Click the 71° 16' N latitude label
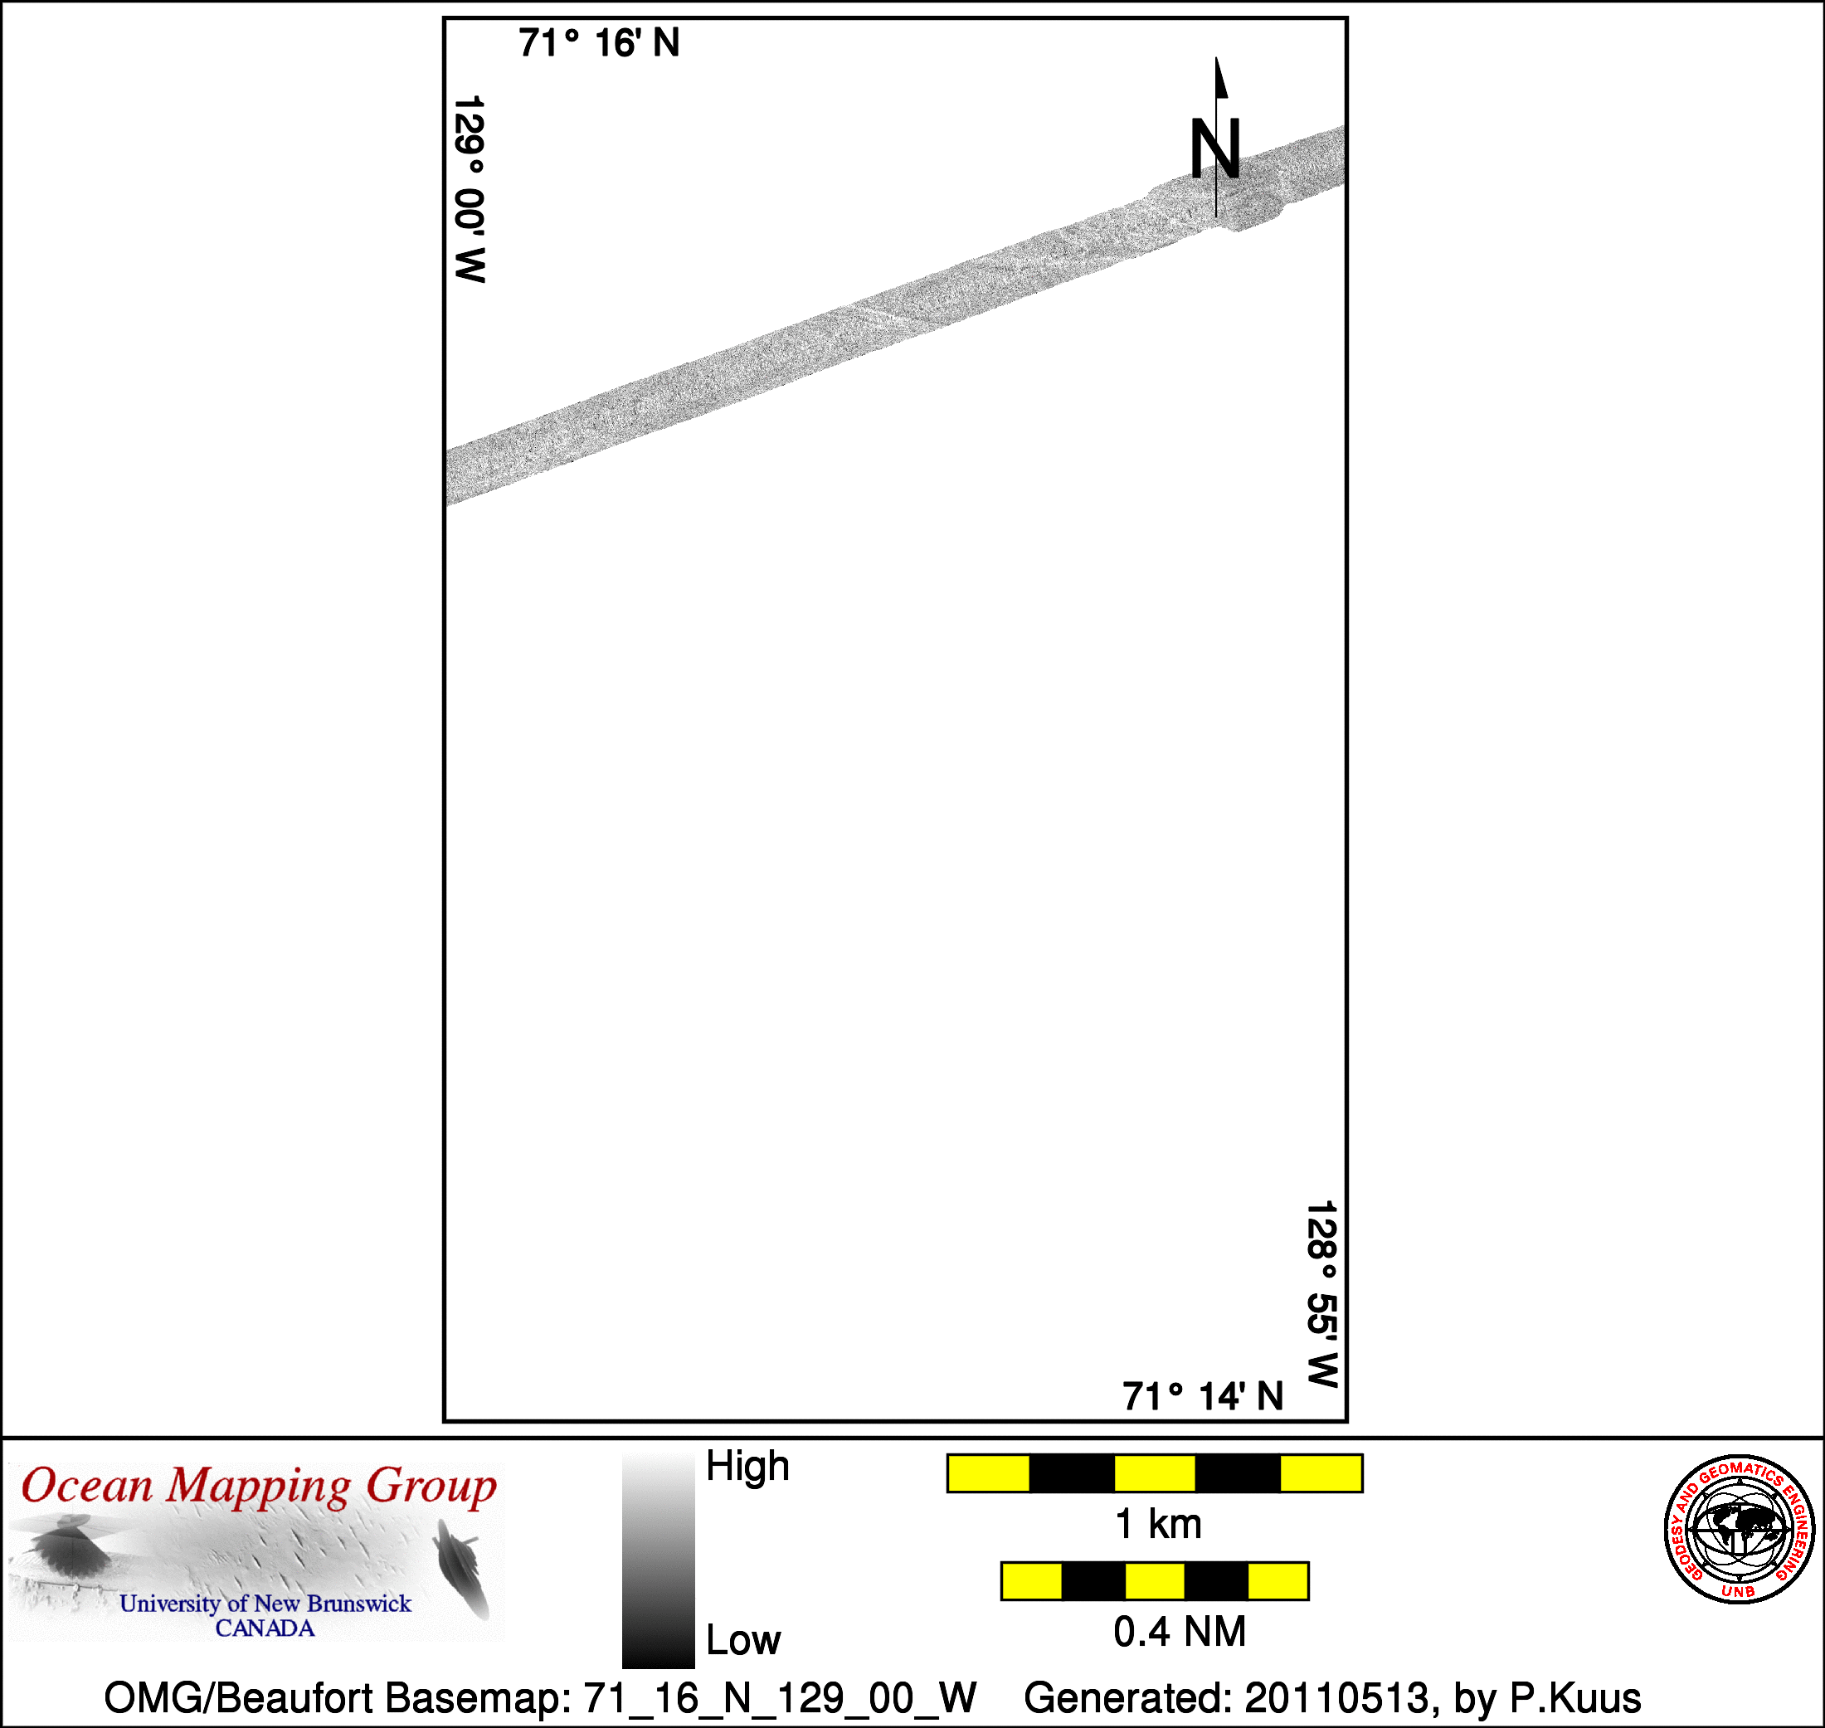(599, 43)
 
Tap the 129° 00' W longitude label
(470, 189)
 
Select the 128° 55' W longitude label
(1321, 1293)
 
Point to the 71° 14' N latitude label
(1203, 1396)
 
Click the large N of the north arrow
(1215, 149)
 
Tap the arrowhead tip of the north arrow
(1216, 57)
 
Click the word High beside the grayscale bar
(747, 1466)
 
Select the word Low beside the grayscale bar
(742, 1641)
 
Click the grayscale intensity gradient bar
(658, 1561)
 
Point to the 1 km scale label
(1158, 1525)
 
